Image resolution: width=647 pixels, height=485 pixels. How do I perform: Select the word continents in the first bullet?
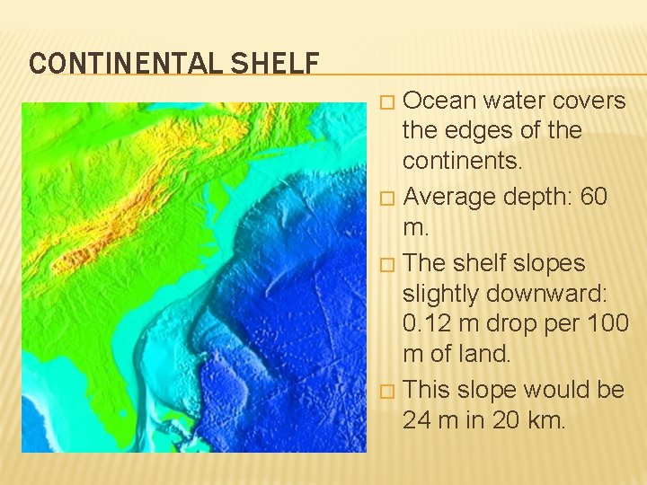pos(461,162)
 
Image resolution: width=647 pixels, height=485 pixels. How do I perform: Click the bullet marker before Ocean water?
pos(386,101)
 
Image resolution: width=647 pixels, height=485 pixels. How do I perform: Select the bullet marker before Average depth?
pos(386,198)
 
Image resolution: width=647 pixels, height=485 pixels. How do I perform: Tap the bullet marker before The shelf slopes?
pos(386,264)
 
